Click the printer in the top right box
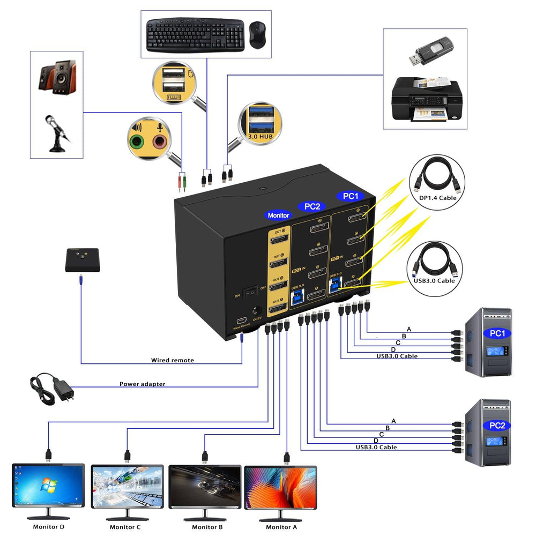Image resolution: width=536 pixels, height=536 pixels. point(427,99)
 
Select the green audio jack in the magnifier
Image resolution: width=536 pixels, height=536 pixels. point(137,142)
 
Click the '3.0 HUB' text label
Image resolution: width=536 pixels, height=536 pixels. point(261,137)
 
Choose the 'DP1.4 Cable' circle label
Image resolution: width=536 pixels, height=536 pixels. point(437,198)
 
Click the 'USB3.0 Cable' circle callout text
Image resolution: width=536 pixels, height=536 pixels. point(435,280)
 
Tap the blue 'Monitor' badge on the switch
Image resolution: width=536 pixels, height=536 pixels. point(278,215)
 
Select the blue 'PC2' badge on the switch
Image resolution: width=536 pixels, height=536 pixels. point(312,206)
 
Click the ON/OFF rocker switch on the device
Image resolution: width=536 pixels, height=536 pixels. point(250,293)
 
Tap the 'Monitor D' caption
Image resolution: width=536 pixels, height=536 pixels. point(49,526)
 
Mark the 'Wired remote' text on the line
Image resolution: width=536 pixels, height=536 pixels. point(172,360)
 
